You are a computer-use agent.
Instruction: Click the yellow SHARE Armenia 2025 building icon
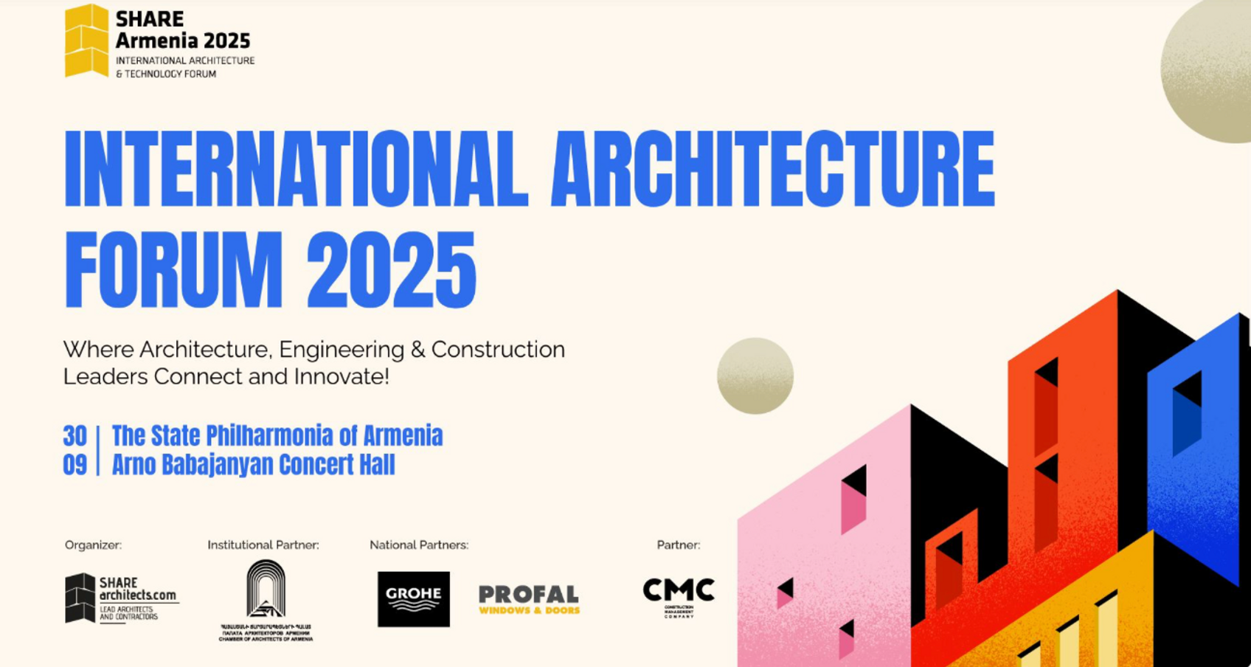point(86,41)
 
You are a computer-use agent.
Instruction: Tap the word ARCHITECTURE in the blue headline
point(772,169)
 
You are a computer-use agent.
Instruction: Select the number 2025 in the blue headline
point(391,270)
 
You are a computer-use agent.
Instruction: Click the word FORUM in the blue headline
point(173,270)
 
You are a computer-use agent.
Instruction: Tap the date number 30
point(74,436)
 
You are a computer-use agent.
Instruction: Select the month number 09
point(74,465)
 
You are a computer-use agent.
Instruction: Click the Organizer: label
point(93,545)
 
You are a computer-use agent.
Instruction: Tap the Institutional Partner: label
point(263,545)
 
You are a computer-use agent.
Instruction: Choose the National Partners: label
point(418,545)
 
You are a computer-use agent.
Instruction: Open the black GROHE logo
point(413,599)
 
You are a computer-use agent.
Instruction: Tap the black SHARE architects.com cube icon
point(80,598)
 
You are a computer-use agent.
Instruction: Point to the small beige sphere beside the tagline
point(755,376)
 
